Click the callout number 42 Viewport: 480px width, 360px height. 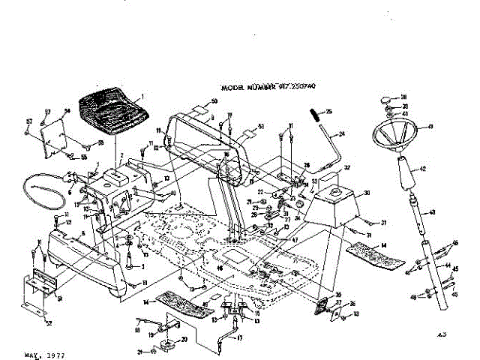[423, 169]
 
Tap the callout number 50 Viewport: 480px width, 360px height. [214, 101]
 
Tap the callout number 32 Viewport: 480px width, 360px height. [347, 168]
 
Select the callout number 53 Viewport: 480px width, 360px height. [261, 126]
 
